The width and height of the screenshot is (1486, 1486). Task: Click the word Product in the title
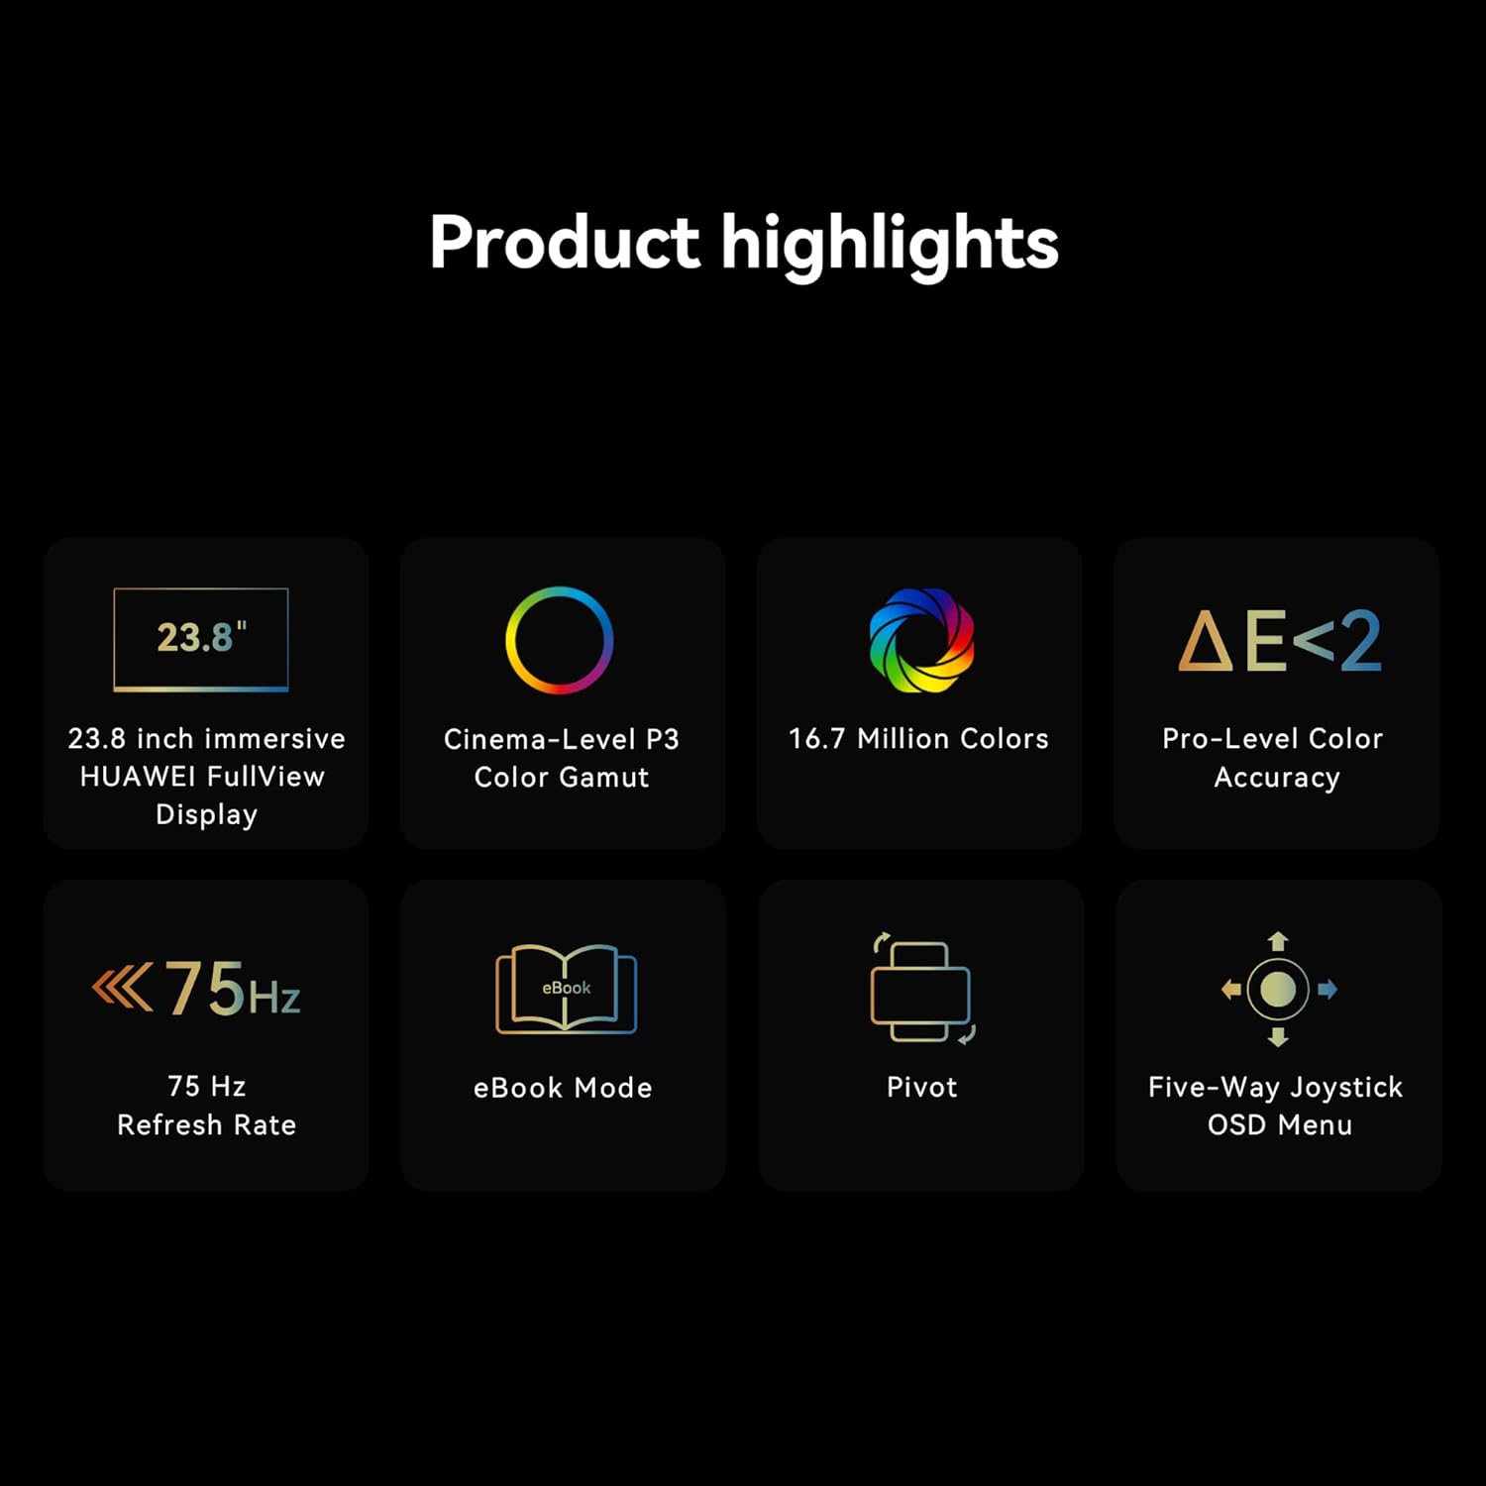565,242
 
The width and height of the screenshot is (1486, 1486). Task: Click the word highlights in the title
890,245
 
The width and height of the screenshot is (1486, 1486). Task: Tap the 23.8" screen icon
201,639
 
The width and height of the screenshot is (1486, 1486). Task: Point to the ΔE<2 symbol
1279,641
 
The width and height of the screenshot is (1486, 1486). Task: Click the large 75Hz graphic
196,988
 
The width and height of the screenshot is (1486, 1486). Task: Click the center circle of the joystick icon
1278,989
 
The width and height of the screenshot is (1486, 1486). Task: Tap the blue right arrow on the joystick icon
1327,989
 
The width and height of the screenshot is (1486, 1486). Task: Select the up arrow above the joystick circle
1278,941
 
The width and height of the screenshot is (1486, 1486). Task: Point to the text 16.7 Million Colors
918,739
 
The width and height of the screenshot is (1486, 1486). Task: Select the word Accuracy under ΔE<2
1277,779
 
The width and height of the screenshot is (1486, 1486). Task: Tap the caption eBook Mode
563,1088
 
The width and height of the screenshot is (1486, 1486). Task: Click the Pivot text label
921,1088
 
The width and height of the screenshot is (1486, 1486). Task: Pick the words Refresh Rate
206,1125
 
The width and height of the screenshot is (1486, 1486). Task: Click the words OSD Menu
1279,1125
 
